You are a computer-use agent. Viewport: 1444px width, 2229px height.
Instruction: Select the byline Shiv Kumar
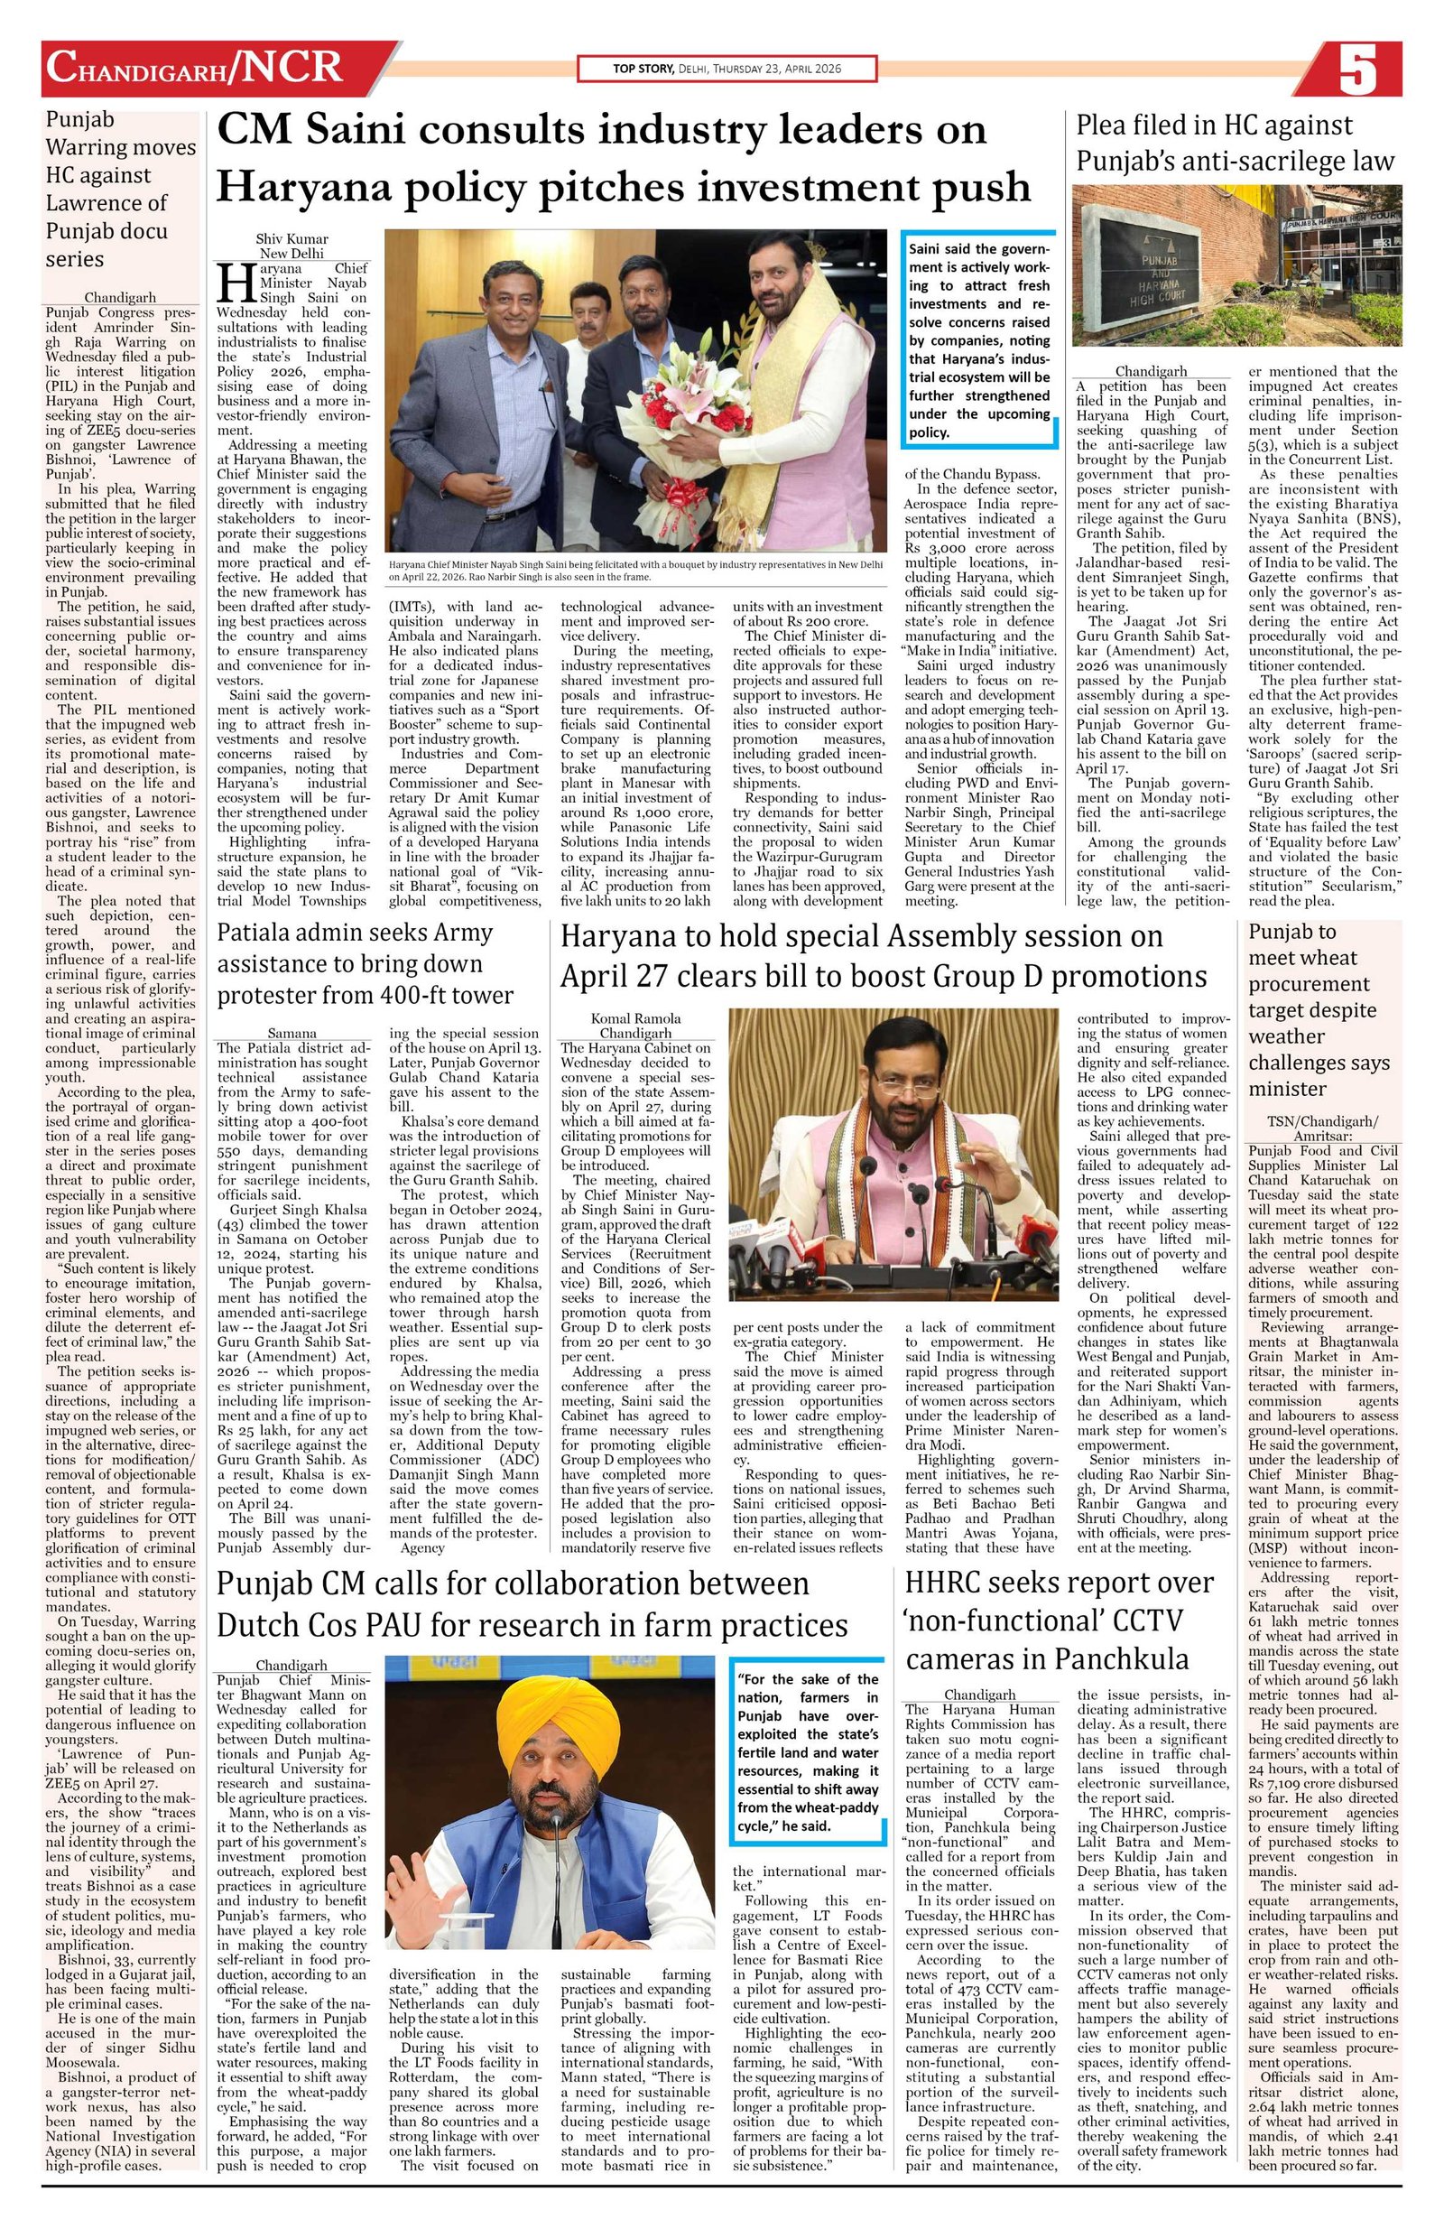tap(292, 239)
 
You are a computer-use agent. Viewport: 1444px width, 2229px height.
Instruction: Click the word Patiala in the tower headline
tap(259, 933)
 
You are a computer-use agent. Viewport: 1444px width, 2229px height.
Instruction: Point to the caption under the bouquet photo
tap(635, 572)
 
